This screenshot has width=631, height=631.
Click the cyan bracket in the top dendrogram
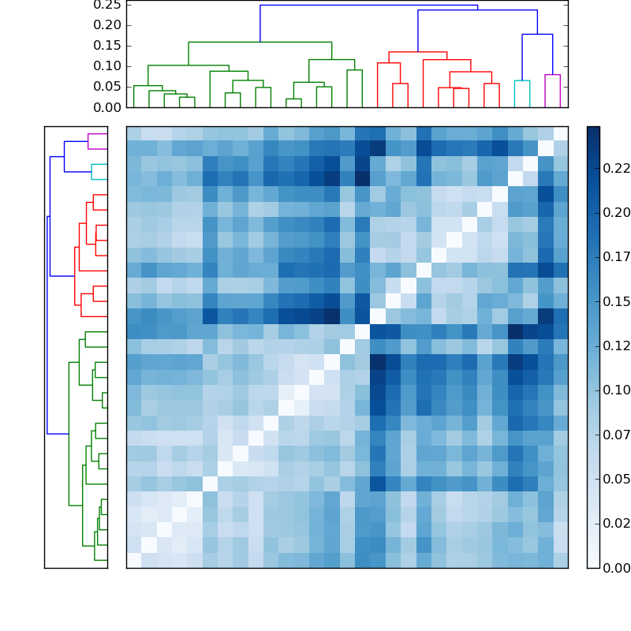(522, 81)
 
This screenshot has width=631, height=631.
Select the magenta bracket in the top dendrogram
(552, 76)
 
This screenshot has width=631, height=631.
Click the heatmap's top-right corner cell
(560, 133)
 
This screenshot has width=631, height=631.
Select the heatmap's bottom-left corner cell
(134, 560)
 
